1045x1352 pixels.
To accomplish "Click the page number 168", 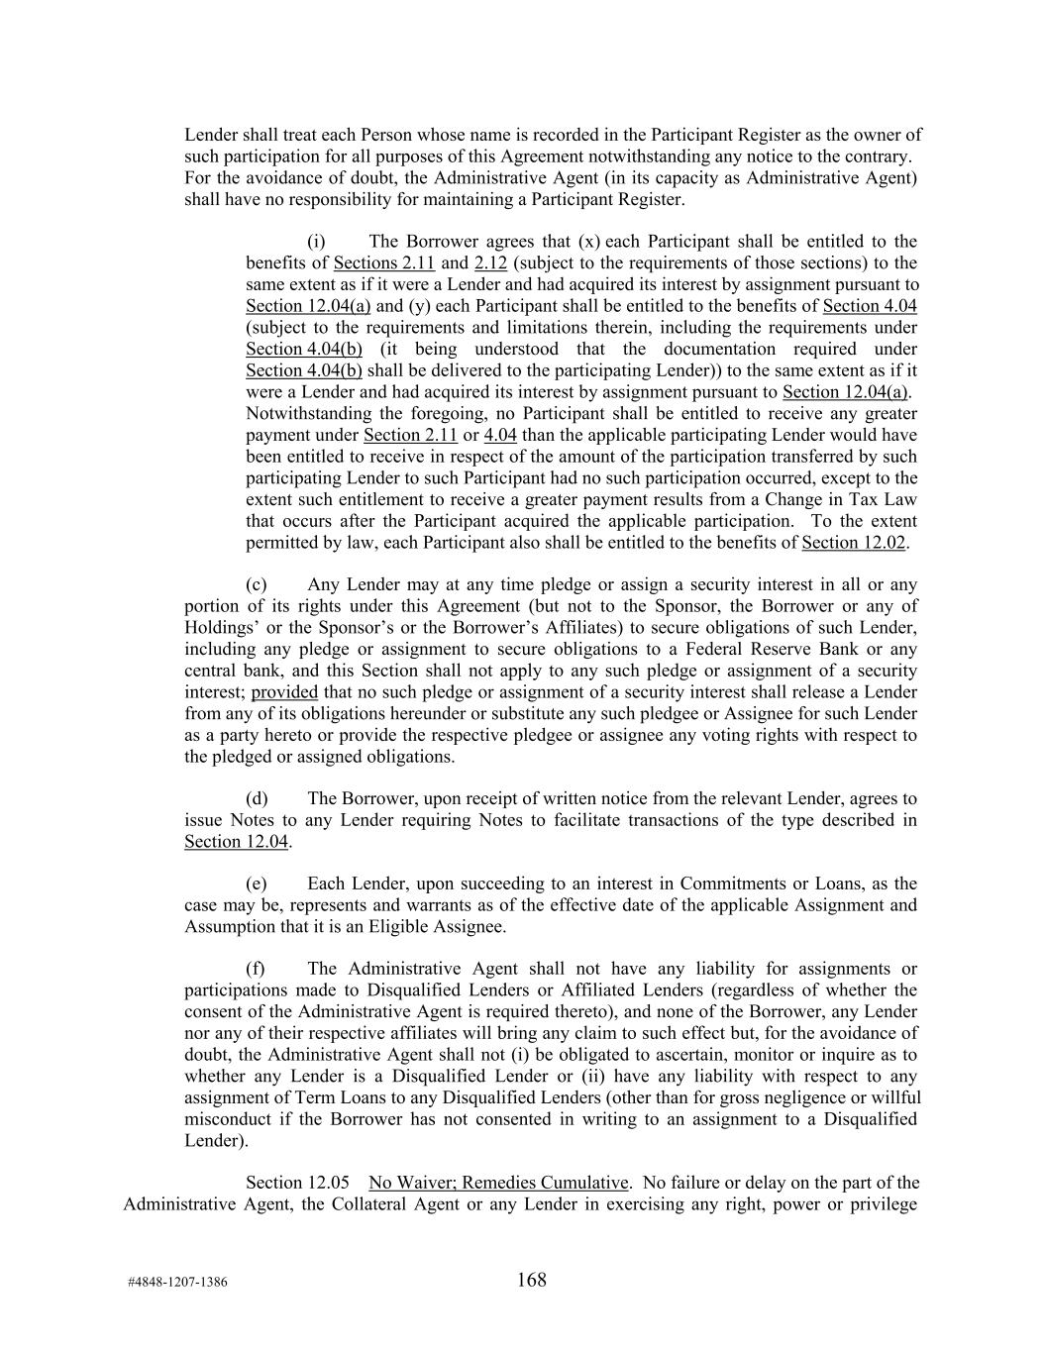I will tap(531, 1280).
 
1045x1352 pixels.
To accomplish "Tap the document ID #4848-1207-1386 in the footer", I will tap(177, 1283).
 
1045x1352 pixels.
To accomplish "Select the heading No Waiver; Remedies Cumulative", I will tap(498, 1183).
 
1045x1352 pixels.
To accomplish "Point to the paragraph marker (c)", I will tap(257, 585).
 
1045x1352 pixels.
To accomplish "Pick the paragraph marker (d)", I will tap(257, 798).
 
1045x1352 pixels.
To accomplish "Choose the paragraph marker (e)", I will tap(257, 884).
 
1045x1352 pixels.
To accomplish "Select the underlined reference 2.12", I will tap(491, 263).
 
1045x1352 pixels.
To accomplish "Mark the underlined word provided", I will tap(284, 692).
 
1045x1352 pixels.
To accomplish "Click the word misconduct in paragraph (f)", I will tap(229, 1119).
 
